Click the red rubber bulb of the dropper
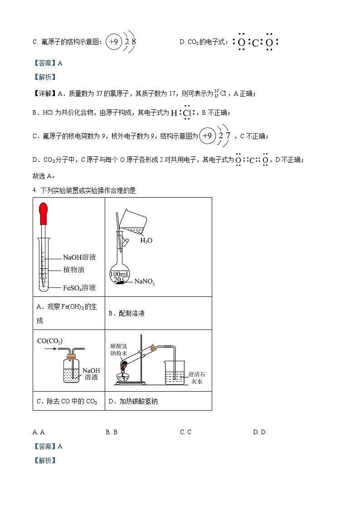click(x=44, y=213)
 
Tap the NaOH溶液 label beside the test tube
click(x=79, y=257)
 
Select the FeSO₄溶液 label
click(x=79, y=287)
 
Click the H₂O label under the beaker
click(x=146, y=241)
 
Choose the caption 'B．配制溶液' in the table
click(x=126, y=313)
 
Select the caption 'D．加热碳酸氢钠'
click(x=133, y=401)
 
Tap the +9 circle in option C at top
click(x=113, y=42)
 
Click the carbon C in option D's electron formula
click(x=255, y=43)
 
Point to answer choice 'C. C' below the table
click(x=185, y=432)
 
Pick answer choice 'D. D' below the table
click(x=259, y=432)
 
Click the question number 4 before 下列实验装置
click(x=34, y=190)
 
